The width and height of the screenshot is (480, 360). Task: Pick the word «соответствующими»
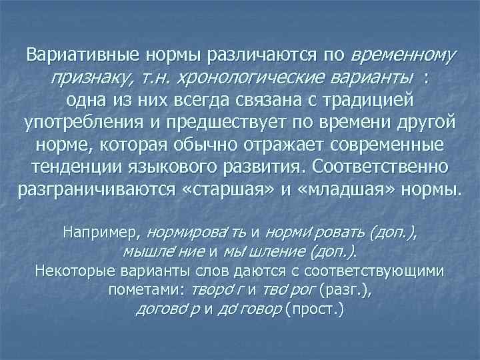click(385, 271)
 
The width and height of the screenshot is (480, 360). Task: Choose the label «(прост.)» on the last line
click(315, 310)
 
